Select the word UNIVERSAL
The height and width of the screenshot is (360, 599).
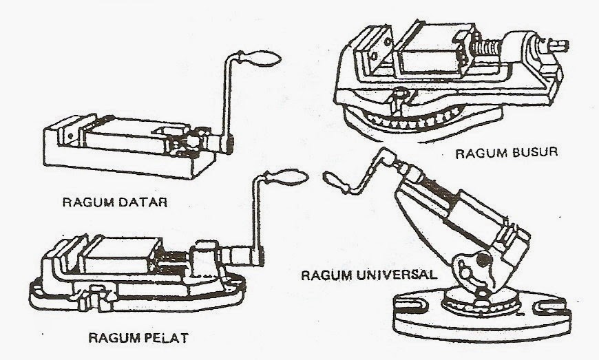tap(395, 274)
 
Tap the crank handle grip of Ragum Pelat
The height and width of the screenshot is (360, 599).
tap(286, 178)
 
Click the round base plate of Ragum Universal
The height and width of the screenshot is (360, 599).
tap(482, 324)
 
